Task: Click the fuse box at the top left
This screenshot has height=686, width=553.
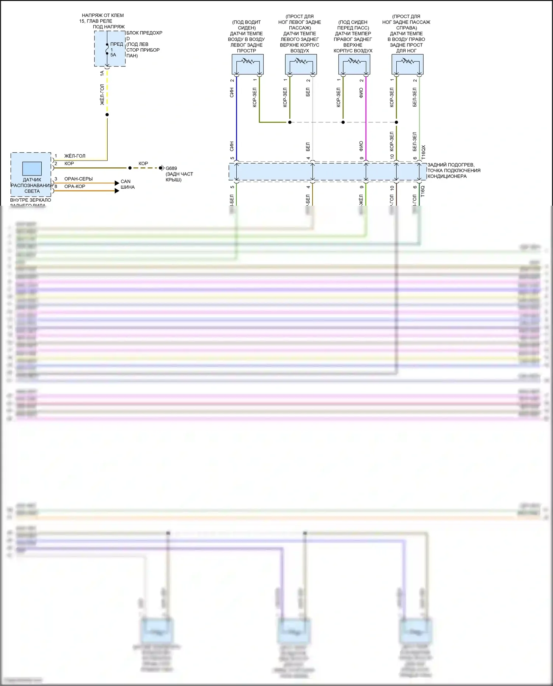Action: tap(109, 48)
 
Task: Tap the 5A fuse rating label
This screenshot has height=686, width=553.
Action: tap(113, 55)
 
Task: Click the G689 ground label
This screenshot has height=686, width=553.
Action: tap(171, 168)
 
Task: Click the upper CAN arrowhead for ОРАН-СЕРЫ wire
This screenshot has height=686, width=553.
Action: tap(117, 183)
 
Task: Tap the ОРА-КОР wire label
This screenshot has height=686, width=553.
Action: tap(75, 187)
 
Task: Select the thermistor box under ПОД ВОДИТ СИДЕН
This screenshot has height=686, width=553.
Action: tap(247, 64)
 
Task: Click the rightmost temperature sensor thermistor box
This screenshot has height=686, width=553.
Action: tap(407, 64)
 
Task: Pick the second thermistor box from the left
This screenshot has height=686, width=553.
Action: tap(301, 64)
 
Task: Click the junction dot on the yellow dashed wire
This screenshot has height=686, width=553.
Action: tap(107, 115)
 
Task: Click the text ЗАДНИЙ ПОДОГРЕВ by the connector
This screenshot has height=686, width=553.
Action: tap(451, 165)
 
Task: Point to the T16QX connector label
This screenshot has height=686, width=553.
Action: tap(423, 152)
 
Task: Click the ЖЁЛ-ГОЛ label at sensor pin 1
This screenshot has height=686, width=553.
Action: tap(75, 156)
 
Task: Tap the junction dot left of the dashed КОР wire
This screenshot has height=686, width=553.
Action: tap(130, 168)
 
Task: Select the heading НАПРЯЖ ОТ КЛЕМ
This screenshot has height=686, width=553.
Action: tap(103, 15)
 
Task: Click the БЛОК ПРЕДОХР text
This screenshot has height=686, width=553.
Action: tap(144, 33)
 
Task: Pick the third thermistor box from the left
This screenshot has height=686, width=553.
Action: tap(354, 64)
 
